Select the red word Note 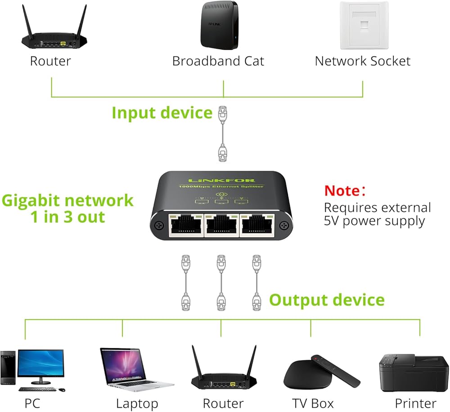click(342, 190)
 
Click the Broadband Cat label click(218, 61)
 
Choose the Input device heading click(162, 112)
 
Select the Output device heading click(327, 300)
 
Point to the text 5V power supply click(374, 221)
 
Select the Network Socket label click(363, 61)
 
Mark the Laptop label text click(137, 403)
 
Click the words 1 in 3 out click(67, 217)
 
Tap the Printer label click(415, 403)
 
